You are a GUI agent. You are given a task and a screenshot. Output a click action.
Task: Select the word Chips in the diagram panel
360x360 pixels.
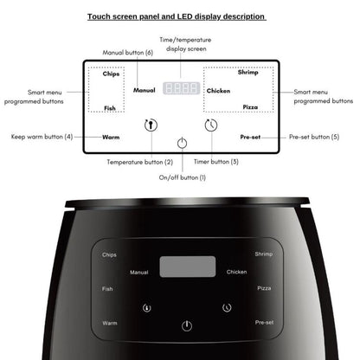(x=110, y=74)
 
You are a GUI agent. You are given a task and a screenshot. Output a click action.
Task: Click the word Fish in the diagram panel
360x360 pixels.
(x=110, y=107)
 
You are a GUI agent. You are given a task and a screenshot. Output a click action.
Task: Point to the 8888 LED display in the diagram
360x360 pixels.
(x=182, y=88)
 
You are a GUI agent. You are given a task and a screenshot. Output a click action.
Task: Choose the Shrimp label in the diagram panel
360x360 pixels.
(x=247, y=73)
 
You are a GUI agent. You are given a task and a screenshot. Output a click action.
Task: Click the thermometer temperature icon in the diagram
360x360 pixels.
(x=150, y=125)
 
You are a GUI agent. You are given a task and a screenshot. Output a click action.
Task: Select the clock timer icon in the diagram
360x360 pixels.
(x=210, y=125)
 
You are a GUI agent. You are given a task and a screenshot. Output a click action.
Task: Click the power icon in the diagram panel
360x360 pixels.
(x=181, y=145)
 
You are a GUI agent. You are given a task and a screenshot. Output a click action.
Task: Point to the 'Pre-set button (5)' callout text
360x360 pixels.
(x=314, y=137)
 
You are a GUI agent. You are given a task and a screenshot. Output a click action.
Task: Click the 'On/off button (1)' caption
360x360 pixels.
(x=182, y=177)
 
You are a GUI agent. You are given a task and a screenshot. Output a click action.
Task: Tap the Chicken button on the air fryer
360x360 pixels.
(x=236, y=272)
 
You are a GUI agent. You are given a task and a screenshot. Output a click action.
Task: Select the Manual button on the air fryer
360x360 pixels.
(x=139, y=273)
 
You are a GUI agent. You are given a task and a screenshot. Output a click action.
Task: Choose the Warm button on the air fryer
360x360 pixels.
(x=110, y=323)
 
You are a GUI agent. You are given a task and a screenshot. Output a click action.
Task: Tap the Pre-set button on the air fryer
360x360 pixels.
(x=264, y=323)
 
